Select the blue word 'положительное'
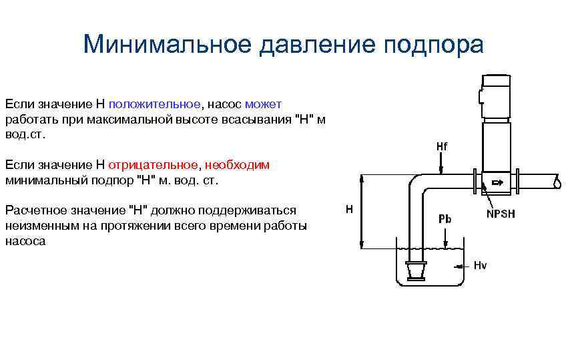click(x=155, y=104)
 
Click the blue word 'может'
click(x=264, y=104)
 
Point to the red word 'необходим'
click(x=238, y=165)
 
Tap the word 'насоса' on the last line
click(x=25, y=240)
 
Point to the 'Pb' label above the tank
click(x=445, y=218)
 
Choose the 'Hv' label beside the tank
click(x=480, y=266)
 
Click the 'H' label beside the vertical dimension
click(x=349, y=210)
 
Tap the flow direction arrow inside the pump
click(x=497, y=182)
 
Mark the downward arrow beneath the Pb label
click(x=445, y=238)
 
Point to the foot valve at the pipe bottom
click(x=415, y=271)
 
